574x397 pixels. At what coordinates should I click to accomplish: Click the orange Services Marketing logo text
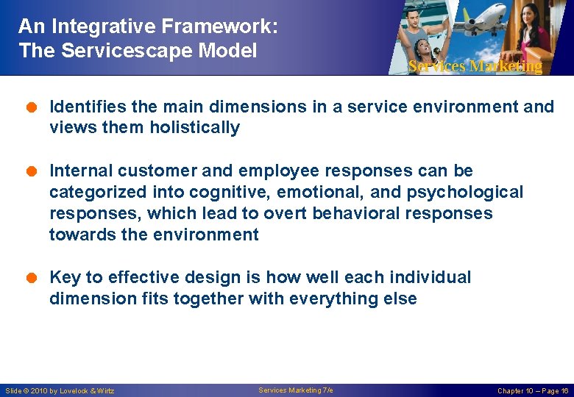coord(475,66)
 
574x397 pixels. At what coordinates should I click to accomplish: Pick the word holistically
coord(194,128)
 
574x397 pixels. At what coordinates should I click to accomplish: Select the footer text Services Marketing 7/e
coord(295,390)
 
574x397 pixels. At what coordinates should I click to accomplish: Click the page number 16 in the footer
coord(564,391)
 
